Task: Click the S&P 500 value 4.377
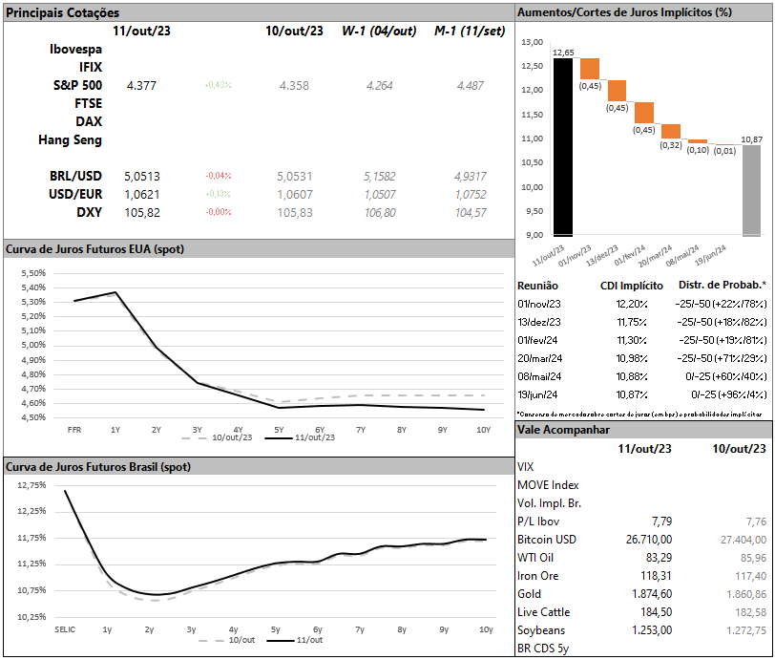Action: point(140,86)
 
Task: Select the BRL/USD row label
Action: point(75,176)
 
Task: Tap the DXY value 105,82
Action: point(142,212)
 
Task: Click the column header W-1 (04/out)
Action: point(379,31)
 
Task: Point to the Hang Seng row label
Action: point(70,139)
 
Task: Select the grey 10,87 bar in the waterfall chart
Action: point(752,190)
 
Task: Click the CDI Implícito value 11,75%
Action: point(632,321)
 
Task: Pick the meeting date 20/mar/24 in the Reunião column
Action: point(540,357)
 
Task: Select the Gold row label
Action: point(529,594)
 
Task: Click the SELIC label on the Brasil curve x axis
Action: point(66,629)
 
